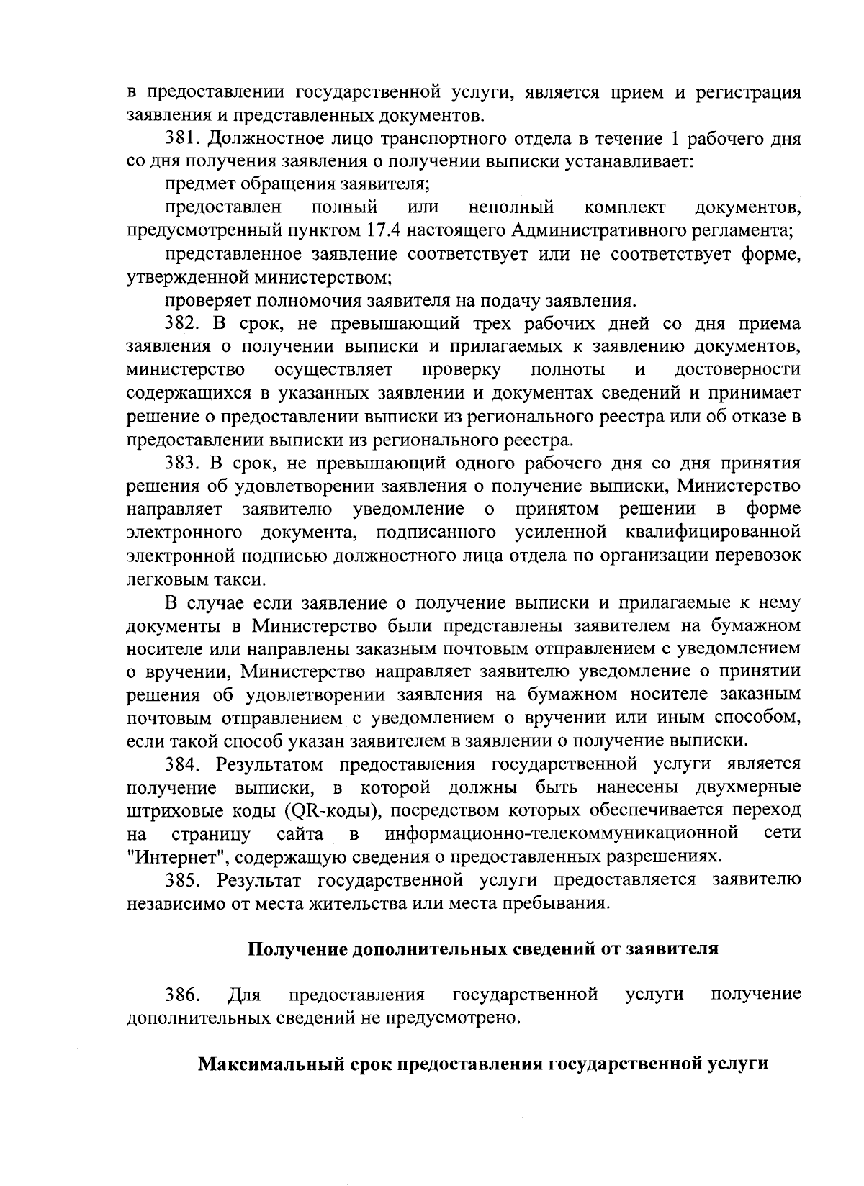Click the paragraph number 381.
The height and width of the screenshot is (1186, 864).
click(x=181, y=138)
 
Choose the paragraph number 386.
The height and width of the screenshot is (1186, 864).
click(x=181, y=995)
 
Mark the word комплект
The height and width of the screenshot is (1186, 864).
click(x=625, y=208)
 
